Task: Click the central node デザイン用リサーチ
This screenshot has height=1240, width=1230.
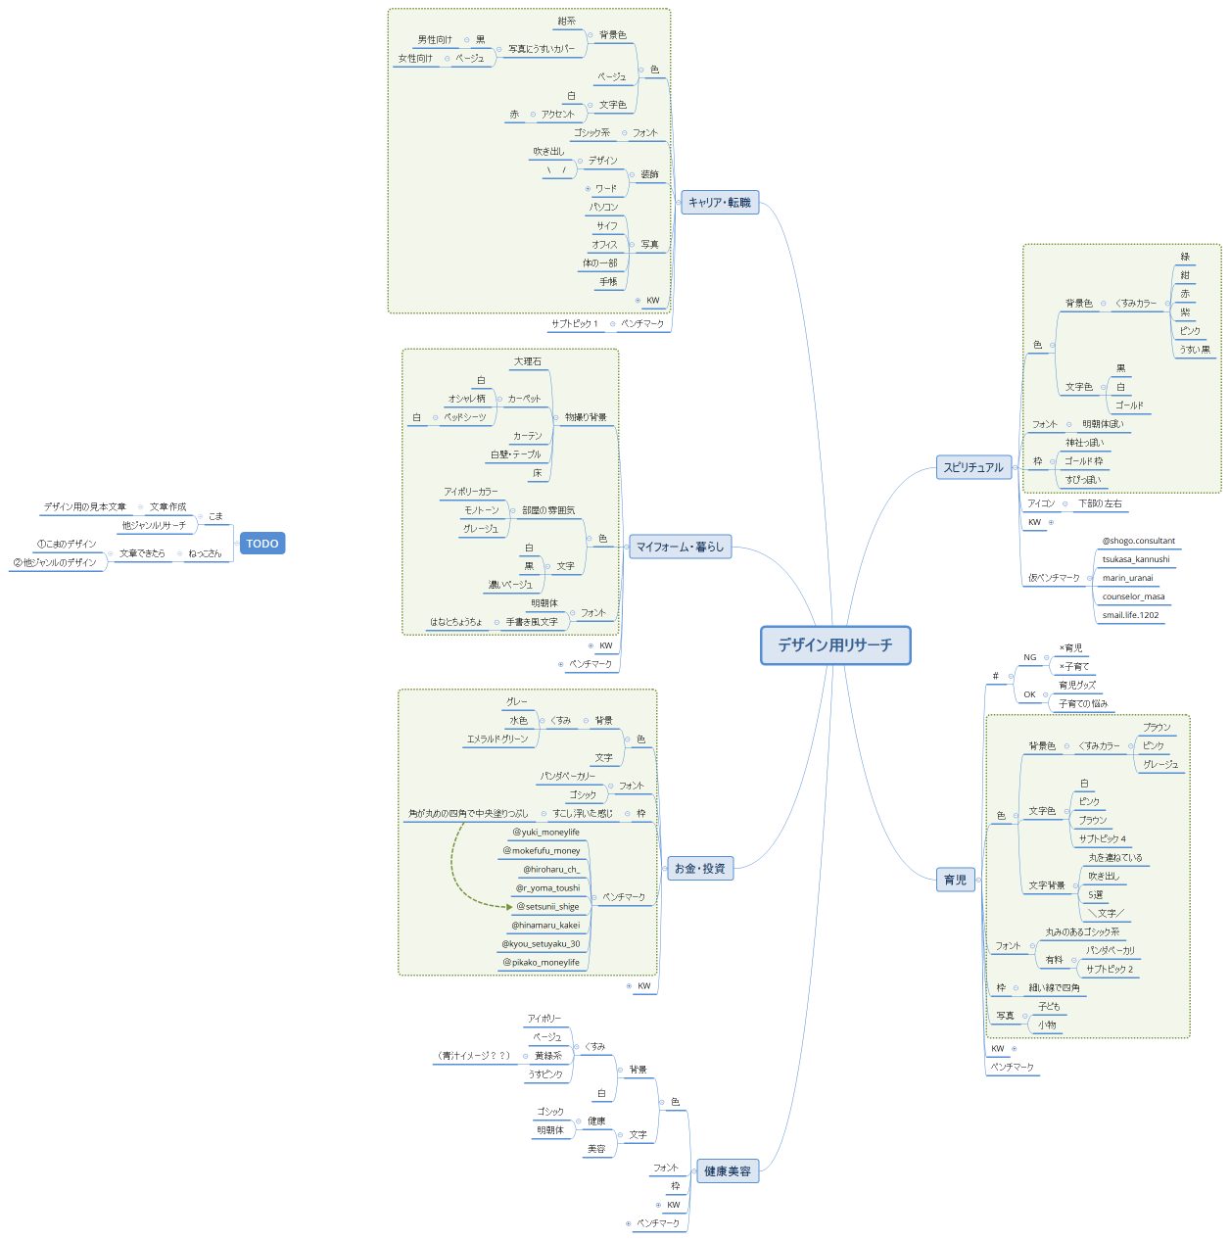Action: click(835, 645)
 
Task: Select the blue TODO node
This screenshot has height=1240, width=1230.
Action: click(262, 544)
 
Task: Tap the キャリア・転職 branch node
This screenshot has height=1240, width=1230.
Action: click(720, 203)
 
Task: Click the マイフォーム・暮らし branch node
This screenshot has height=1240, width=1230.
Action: click(680, 548)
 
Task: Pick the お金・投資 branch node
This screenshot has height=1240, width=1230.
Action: click(699, 869)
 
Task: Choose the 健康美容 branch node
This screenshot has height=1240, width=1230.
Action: click(728, 1171)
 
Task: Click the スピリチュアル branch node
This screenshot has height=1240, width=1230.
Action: click(973, 468)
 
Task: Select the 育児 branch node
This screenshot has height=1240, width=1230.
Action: click(955, 881)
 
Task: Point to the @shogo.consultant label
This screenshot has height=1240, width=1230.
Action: click(1138, 541)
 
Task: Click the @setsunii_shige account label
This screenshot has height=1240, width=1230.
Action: click(547, 907)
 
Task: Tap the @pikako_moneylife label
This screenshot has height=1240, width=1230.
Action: click(541, 963)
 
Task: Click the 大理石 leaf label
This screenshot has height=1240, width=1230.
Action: click(528, 362)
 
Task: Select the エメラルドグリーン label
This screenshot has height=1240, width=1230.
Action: click(497, 739)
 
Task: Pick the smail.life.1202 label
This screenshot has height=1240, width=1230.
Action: click(1130, 616)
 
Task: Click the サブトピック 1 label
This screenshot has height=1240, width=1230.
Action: click(574, 324)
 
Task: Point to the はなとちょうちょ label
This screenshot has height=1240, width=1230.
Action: click(456, 622)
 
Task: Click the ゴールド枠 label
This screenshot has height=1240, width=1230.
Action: click(1083, 461)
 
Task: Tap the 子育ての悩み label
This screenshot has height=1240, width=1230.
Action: click(1083, 704)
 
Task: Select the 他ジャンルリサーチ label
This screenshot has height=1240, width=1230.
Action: click(154, 526)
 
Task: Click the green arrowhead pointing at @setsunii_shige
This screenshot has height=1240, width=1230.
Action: click(509, 907)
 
